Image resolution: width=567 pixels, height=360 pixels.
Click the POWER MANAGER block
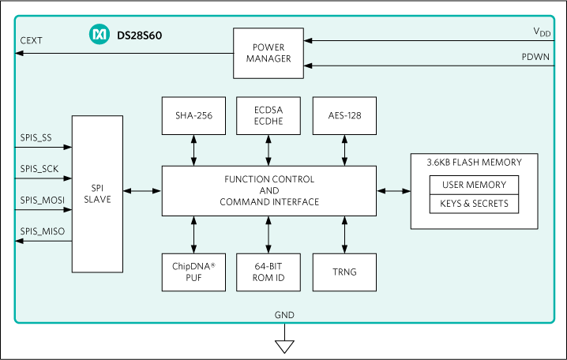[268, 53]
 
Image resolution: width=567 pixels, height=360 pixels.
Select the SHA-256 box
[193, 115]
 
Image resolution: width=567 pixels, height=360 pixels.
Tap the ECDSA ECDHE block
[269, 115]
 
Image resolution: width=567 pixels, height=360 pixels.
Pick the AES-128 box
[344, 115]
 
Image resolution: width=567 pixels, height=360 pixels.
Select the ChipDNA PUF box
[193, 272]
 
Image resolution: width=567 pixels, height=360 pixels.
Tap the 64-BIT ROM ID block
[269, 272]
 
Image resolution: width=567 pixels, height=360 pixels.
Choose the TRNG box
[344, 272]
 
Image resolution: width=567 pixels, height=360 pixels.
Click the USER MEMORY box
[474, 186]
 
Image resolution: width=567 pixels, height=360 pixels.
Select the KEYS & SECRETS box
[474, 204]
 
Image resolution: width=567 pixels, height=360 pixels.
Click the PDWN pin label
[536, 57]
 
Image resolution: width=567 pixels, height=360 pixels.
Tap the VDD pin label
[542, 32]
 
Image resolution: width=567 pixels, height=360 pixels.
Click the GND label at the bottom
[284, 315]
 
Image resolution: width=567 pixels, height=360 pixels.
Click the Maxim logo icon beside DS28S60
[99, 36]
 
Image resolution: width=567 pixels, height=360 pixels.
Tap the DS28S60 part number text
[139, 36]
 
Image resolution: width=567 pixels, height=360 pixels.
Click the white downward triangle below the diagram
[284, 346]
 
